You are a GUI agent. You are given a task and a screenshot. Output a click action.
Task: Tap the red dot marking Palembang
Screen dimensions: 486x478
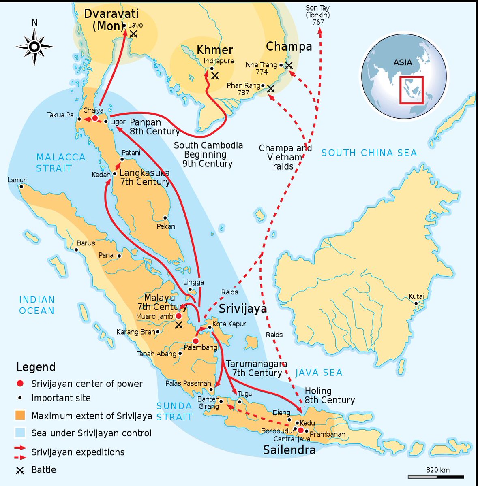(196, 341)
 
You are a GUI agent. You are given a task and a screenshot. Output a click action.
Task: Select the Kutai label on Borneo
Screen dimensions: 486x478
(416, 296)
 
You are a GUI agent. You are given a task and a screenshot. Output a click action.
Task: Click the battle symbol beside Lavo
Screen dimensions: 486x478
(133, 34)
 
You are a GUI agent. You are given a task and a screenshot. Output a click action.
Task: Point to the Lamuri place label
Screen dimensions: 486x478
(17, 180)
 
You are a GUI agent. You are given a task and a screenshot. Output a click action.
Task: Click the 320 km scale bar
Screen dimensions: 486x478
(435, 477)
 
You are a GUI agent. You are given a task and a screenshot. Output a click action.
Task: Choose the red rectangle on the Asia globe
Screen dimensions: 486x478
(411, 90)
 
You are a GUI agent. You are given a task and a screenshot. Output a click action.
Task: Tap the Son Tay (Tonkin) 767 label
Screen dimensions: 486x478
(318, 15)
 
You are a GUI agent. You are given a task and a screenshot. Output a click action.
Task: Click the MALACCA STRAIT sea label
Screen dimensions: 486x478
(60, 162)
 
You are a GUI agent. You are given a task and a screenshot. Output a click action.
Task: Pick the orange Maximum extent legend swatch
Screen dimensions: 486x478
(20, 416)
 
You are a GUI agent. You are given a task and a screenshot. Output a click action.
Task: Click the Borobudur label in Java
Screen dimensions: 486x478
(277, 431)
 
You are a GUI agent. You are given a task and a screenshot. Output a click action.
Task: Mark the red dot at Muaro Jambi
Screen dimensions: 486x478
(178, 316)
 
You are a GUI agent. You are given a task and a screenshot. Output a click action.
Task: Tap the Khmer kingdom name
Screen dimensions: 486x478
(215, 50)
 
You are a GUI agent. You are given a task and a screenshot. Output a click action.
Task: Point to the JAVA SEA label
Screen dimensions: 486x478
(319, 373)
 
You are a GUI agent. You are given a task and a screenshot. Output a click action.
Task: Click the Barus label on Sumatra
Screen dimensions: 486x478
(86, 243)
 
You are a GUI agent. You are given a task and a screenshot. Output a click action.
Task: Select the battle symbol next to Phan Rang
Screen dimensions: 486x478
(270, 88)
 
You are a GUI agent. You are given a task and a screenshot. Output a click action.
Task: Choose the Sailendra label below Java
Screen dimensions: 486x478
(289, 450)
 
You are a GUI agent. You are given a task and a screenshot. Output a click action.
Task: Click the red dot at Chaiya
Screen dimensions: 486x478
(95, 118)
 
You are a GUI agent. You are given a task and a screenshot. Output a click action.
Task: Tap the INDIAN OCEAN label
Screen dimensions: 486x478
(36, 305)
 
